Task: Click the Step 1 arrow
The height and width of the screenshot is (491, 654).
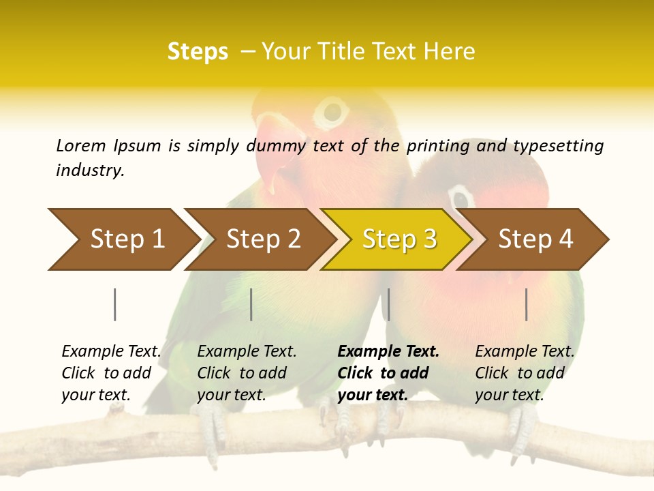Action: click(123, 239)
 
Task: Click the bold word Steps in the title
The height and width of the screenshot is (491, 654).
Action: click(198, 51)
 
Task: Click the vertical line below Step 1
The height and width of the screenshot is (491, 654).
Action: click(114, 304)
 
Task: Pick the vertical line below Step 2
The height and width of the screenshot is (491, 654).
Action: click(251, 304)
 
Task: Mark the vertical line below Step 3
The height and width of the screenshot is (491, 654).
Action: click(388, 304)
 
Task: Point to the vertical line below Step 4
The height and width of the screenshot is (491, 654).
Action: click(527, 304)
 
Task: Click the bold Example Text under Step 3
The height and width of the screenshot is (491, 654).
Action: click(388, 352)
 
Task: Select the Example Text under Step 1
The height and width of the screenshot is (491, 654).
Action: click(111, 352)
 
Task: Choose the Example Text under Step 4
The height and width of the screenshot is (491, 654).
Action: click(525, 352)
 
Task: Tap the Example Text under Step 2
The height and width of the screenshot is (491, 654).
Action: click(247, 352)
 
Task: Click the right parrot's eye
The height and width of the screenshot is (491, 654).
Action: click(461, 197)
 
